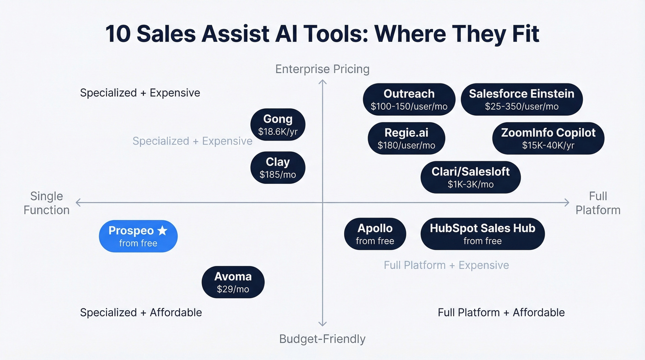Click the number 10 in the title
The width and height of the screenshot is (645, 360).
tap(118, 34)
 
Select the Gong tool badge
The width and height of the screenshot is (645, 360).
tap(278, 125)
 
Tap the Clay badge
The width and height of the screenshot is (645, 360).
tap(278, 168)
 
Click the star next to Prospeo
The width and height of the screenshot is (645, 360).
tap(162, 230)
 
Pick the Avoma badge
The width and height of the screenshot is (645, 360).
tap(233, 282)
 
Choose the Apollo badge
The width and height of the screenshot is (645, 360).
tap(375, 234)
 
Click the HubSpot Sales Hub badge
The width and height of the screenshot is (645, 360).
tap(482, 234)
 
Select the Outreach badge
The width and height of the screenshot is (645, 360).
tap(409, 99)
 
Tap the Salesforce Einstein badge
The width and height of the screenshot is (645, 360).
tap(522, 99)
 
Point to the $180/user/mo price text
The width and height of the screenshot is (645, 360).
tap(406, 145)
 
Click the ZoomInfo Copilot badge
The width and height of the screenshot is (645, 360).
tap(548, 138)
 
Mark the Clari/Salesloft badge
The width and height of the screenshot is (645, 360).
tap(470, 177)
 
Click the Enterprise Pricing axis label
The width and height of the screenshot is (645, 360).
tap(322, 69)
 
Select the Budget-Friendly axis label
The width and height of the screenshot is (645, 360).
tap(322, 339)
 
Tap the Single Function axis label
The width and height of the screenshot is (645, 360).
tap(47, 203)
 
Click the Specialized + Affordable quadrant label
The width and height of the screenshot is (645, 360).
tap(141, 313)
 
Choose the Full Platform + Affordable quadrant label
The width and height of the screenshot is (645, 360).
tap(501, 313)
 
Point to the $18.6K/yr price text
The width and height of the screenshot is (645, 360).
tap(278, 132)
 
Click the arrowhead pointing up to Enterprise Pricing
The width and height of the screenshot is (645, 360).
tap(322, 82)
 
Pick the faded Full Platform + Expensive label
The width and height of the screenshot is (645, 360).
tap(446, 265)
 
